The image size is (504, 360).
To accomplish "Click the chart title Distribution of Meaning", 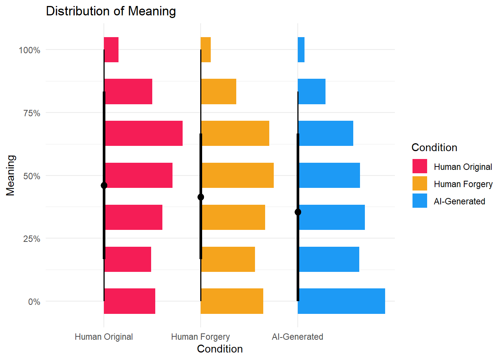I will (x=111, y=11).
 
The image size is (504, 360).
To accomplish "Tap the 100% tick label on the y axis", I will (x=30, y=50).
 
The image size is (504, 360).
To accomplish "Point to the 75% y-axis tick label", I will (x=31, y=113).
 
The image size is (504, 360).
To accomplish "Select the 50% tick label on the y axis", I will (x=31, y=176).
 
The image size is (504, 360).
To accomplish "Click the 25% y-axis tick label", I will (x=31, y=239).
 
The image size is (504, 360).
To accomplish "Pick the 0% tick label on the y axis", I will (x=34, y=302).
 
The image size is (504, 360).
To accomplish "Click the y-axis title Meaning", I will (x=10, y=175).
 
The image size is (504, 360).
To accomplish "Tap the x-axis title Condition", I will (x=220, y=349).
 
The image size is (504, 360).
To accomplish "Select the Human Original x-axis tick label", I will (x=104, y=337).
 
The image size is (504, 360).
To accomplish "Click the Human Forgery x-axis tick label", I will (x=200, y=337).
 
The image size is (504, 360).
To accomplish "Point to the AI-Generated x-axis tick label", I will (x=297, y=337).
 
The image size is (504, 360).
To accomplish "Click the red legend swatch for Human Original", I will (x=420, y=166).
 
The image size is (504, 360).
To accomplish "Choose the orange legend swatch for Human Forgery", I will (x=420, y=184).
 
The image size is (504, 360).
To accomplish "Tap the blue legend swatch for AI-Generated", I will (x=420, y=201).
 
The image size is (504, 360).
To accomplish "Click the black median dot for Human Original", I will (x=104, y=185).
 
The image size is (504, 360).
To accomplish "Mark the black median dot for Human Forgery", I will (x=201, y=197).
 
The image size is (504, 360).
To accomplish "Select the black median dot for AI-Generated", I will (x=298, y=212).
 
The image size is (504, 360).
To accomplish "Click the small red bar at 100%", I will (x=111, y=49).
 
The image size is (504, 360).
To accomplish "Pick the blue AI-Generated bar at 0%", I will (x=341, y=301).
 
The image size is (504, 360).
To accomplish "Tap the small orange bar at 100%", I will (x=206, y=49).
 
